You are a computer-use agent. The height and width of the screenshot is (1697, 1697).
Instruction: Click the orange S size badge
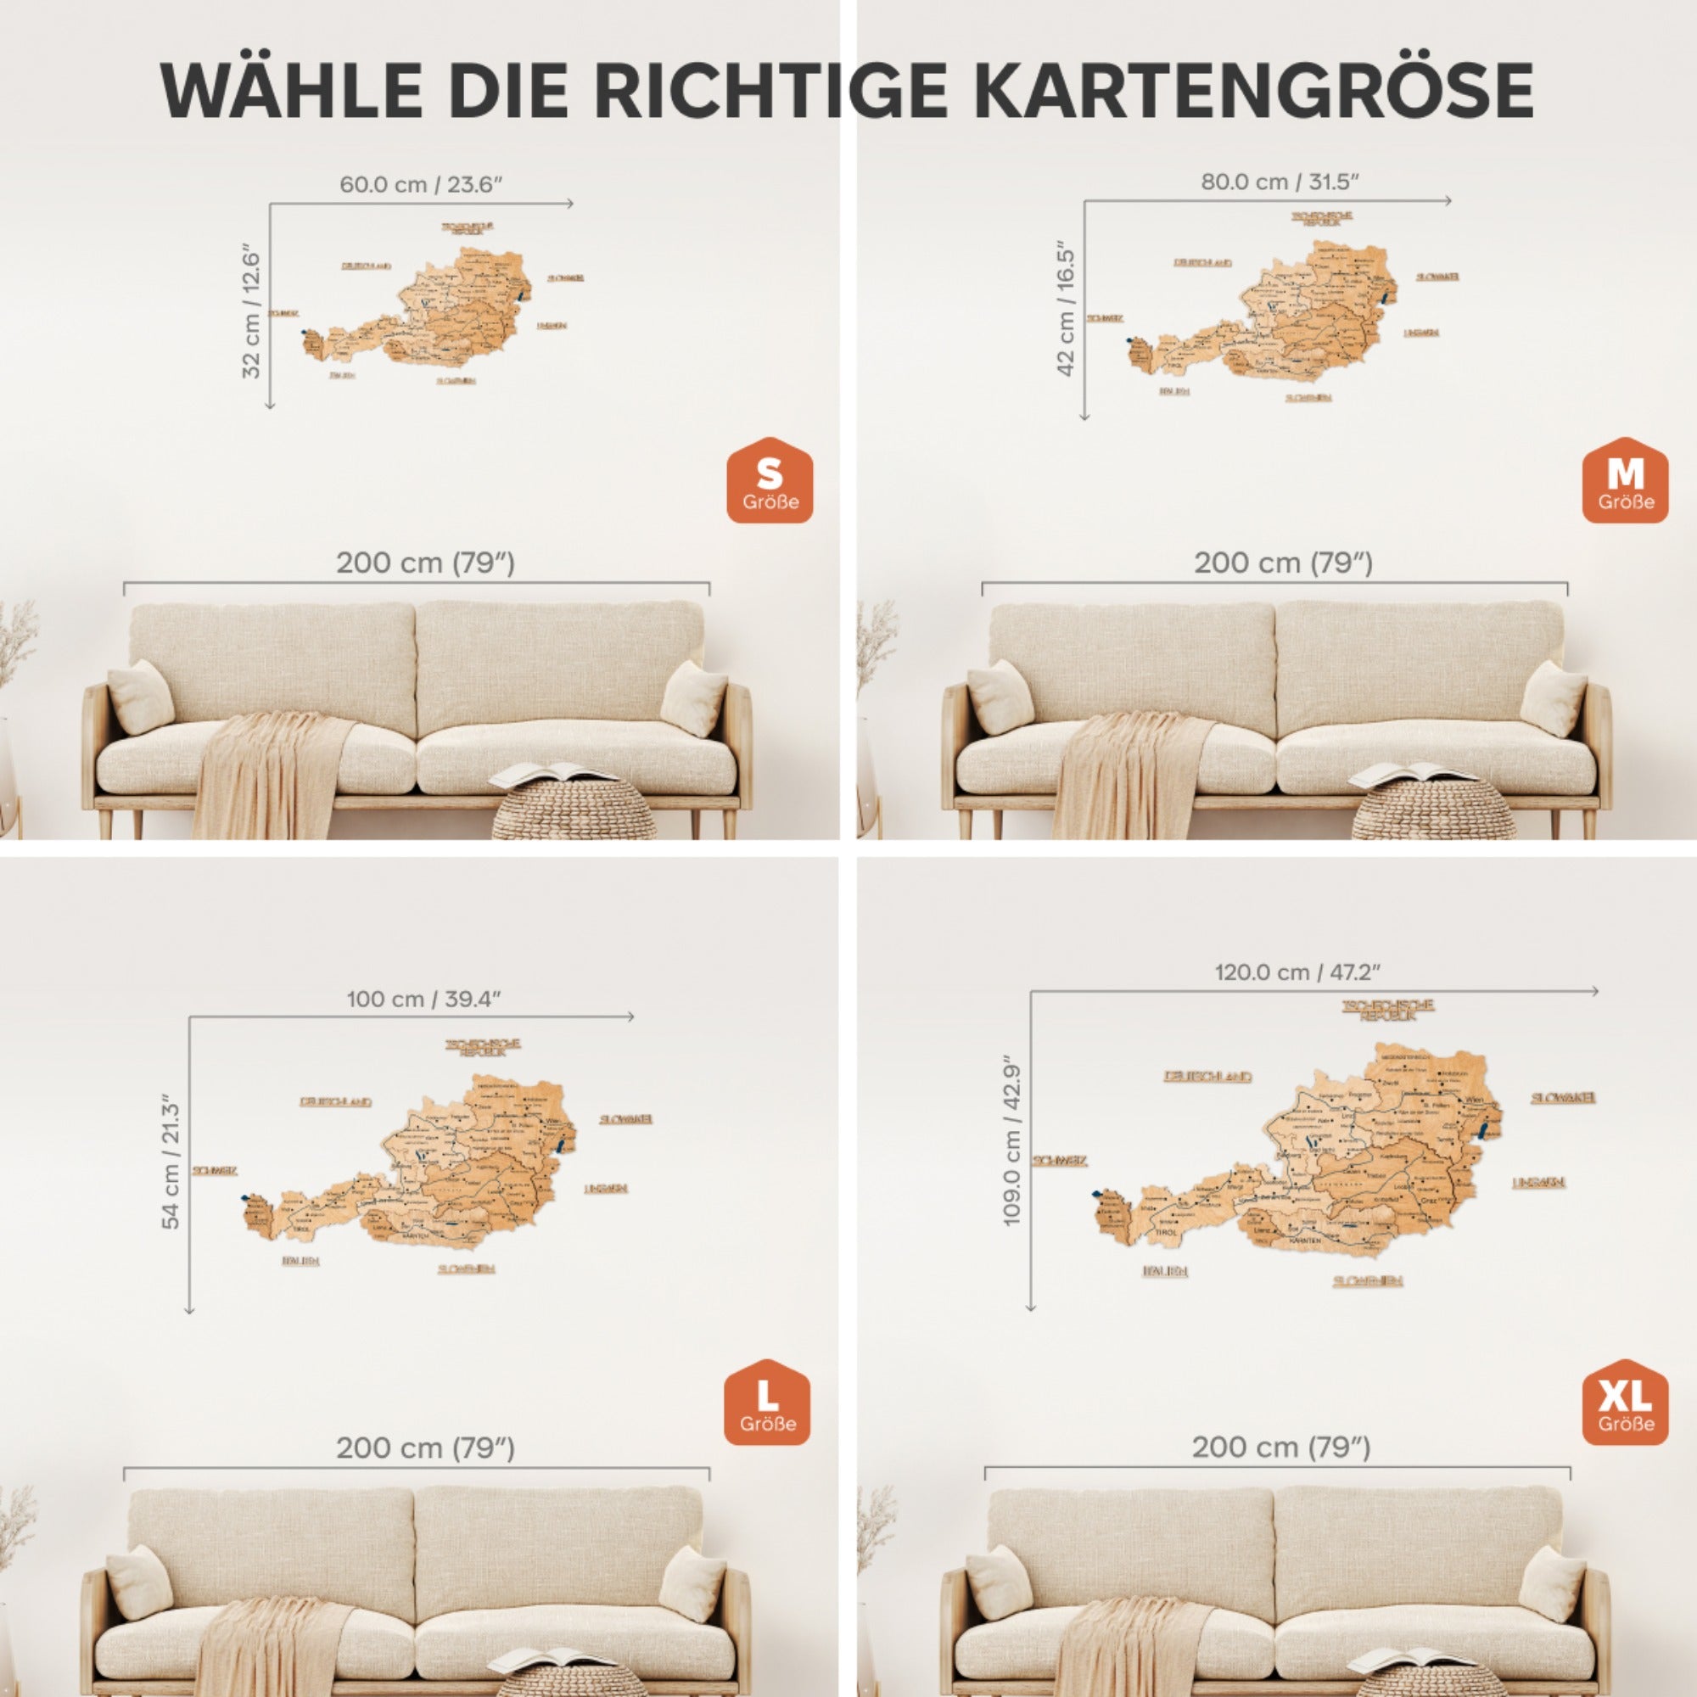[x=770, y=480]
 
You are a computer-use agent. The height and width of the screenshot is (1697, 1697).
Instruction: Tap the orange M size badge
[x=1625, y=480]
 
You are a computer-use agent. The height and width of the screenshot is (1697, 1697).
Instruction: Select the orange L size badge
[x=767, y=1403]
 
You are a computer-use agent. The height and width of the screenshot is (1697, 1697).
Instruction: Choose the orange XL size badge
[x=1625, y=1403]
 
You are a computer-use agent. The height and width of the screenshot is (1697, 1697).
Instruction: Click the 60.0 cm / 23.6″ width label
[x=421, y=184]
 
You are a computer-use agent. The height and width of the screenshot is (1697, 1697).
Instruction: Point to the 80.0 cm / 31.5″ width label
[x=1280, y=182]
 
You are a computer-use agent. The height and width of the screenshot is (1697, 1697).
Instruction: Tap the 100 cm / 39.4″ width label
[x=423, y=999]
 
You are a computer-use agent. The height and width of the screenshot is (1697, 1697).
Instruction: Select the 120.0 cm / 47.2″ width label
[x=1297, y=972]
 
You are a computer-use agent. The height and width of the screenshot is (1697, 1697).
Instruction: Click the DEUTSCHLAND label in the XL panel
[x=1207, y=1077]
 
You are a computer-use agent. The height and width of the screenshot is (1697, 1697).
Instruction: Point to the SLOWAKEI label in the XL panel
[x=1563, y=1098]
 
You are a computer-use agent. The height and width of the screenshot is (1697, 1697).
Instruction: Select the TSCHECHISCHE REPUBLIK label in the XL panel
[x=1388, y=1010]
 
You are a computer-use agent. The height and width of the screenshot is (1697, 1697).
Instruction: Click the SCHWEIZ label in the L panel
[x=215, y=1171]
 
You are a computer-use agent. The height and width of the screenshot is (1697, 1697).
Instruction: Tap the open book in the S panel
[x=553, y=773]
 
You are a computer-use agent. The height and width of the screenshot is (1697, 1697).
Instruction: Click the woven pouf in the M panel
[x=1432, y=809]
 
